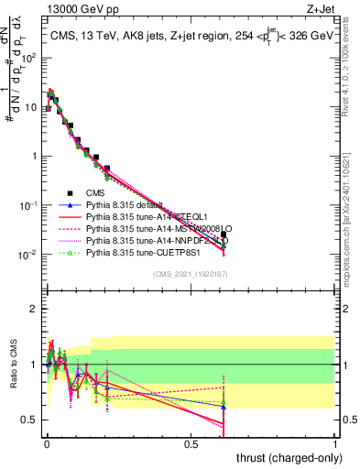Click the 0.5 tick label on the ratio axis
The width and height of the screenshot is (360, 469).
(x=29, y=420)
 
